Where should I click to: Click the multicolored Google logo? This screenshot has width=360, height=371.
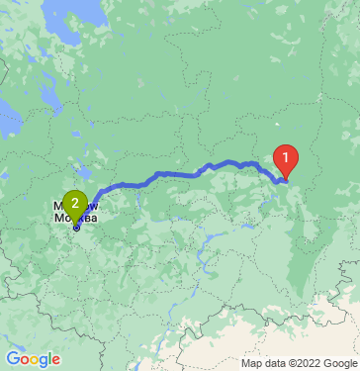33,359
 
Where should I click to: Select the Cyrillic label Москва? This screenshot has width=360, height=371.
74,218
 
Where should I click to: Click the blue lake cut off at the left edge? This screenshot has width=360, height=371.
8,123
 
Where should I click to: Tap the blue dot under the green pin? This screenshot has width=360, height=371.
75,227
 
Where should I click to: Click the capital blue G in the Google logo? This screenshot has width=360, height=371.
12,359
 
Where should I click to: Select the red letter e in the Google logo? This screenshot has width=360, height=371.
56,360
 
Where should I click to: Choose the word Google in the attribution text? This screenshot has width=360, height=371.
331,361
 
